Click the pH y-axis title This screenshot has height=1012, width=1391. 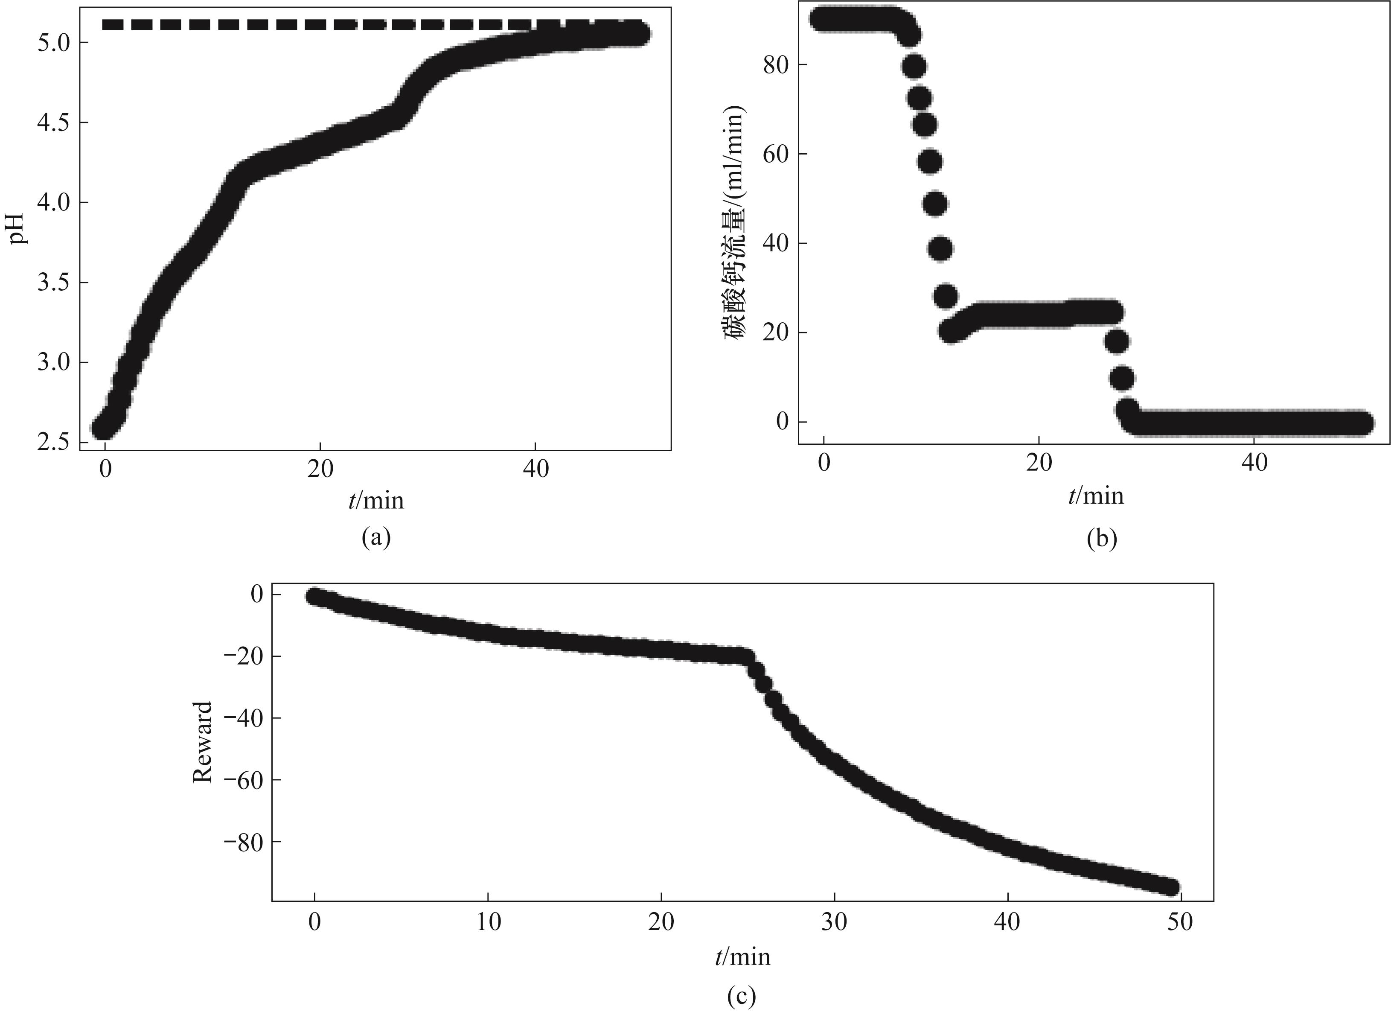(20, 228)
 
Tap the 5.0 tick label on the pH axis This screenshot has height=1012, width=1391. (53, 43)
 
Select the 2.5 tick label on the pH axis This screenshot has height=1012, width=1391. (53, 442)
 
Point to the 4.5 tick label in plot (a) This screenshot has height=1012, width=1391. (53, 122)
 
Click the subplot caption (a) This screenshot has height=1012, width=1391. (376, 537)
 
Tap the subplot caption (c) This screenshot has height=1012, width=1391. (742, 997)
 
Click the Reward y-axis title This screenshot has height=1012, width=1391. (202, 742)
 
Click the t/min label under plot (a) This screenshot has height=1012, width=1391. (376, 501)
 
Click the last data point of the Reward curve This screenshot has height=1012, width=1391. (1171, 887)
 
